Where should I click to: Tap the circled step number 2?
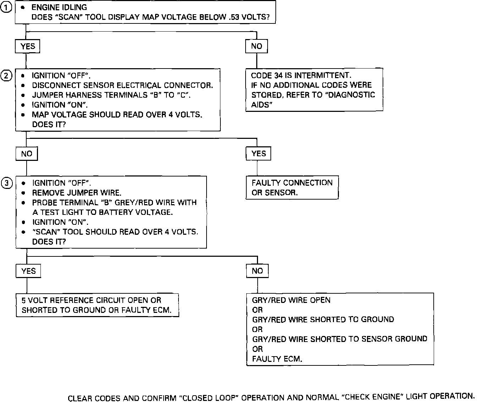pyautogui.click(x=6, y=76)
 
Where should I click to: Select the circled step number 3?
pyautogui.click(x=6, y=183)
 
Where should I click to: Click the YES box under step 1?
pyautogui.click(x=27, y=46)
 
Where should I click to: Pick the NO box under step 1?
pyautogui.click(x=256, y=46)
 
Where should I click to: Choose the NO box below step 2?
pyautogui.click(x=27, y=154)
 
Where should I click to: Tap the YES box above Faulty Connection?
pyautogui.click(x=258, y=153)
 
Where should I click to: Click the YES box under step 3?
pyautogui.click(x=28, y=271)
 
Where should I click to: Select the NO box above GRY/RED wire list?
pyautogui.click(x=257, y=271)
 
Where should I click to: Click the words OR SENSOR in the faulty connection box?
pyautogui.click(x=274, y=192)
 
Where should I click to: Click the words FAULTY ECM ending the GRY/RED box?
pyautogui.click(x=277, y=359)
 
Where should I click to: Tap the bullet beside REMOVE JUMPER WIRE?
pyautogui.click(x=23, y=193)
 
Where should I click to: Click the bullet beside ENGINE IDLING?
pyautogui.click(x=23, y=7)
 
